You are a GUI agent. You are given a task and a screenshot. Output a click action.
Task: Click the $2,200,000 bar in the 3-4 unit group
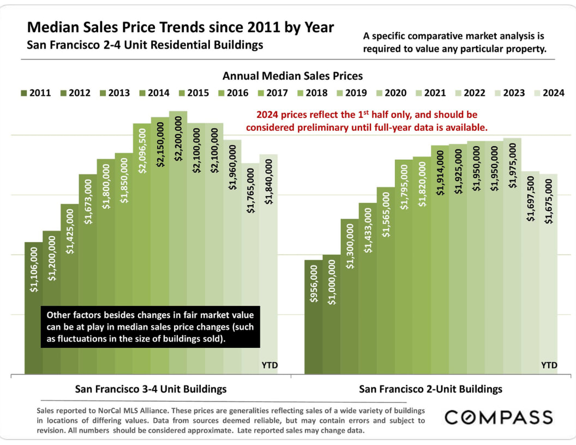point(178,245)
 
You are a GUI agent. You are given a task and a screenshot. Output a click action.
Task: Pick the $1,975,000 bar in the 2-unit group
point(512,256)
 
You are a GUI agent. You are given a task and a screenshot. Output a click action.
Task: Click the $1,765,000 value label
point(251,190)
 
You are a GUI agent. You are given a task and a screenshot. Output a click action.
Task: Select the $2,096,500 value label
point(142,151)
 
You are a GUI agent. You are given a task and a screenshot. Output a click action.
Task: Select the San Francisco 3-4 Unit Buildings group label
point(151,389)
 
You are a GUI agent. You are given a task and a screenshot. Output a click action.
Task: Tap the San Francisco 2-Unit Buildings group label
point(430,389)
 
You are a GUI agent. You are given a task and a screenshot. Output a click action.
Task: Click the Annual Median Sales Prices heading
point(292,76)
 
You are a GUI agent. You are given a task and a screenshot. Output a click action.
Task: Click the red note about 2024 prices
point(366,121)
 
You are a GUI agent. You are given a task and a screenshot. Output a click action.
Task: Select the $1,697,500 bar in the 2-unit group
point(530,273)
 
